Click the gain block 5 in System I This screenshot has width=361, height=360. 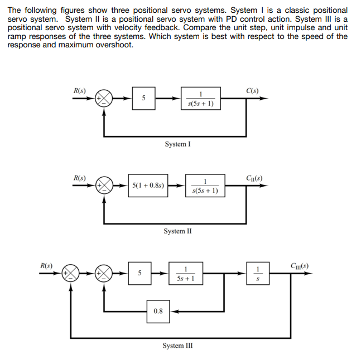(143, 99)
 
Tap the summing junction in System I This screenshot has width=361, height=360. (104, 99)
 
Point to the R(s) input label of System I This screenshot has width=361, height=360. (80, 90)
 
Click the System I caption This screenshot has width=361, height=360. (178, 144)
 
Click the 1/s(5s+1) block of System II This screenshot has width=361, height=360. (205, 186)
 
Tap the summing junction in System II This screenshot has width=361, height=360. (104, 186)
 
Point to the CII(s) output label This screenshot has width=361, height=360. (254, 178)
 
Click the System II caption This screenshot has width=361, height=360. (178, 231)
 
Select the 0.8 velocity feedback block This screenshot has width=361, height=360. (158, 310)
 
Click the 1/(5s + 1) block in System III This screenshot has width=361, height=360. (185, 273)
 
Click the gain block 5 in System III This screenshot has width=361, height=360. (139, 273)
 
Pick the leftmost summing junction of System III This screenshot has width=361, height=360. (71, 273)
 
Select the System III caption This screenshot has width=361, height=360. (178, 346)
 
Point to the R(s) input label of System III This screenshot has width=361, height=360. (47, 265)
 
